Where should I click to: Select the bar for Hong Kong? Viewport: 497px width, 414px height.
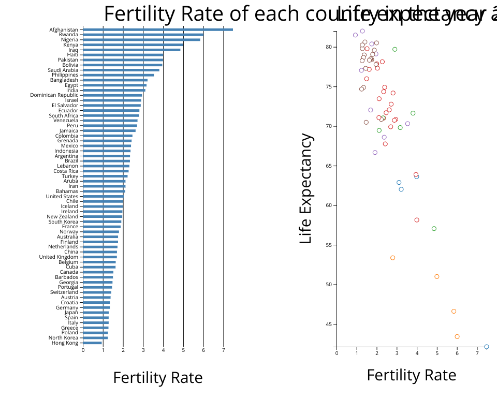click(92, 343)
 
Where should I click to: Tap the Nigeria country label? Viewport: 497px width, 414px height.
click(69, 40)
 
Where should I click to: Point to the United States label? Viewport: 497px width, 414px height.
click(62, 196)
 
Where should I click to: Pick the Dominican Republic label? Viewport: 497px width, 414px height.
click(54, 95)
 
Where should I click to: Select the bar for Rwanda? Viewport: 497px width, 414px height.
click(143, 35)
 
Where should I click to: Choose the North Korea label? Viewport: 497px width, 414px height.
click(63, 338)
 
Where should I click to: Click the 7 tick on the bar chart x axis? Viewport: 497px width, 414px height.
click(224, 350)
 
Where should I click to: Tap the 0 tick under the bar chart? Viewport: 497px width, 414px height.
click(83, 350)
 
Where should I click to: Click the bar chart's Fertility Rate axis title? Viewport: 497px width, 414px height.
click(158, 378)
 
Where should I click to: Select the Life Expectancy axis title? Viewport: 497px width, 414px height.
click(306, 189)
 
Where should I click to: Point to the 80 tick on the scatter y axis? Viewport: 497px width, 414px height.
click(328, 47)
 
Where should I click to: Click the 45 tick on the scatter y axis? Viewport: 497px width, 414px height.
click(328, 324)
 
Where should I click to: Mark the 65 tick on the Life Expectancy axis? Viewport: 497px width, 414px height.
click(328, 166)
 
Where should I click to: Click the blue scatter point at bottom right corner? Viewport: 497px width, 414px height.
click(487, 347)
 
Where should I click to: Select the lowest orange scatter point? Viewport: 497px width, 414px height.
click(457, 336)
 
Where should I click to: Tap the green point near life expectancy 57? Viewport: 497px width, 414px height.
click(434, 229)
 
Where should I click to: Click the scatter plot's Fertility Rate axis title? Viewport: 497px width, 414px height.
click(412, 375)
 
